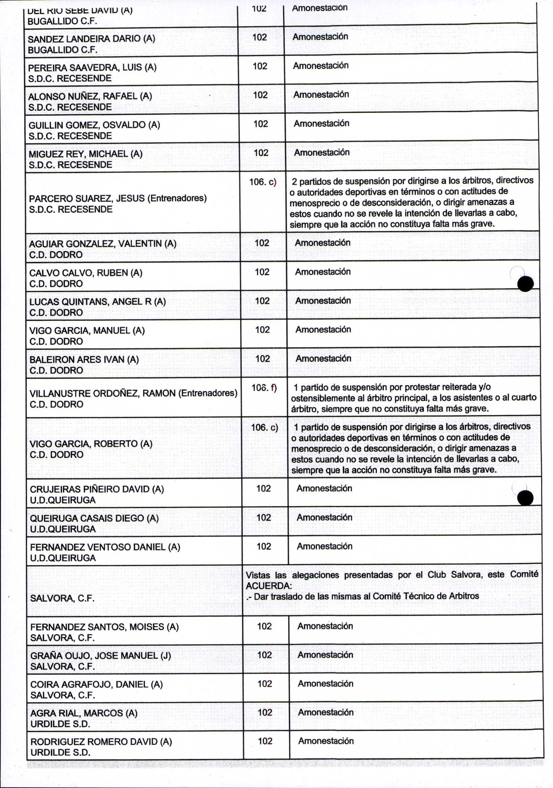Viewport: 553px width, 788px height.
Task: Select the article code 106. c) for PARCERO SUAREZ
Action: click(x=263, y=181)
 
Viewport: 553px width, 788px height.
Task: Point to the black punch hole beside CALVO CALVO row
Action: click(x=525, y=284)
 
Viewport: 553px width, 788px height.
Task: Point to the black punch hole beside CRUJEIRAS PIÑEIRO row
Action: click(x=525, y=498)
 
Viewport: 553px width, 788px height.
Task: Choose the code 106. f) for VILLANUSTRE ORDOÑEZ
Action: click(x=264, y=388)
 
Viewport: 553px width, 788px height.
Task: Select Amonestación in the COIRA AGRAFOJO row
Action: click(x=325, y=684)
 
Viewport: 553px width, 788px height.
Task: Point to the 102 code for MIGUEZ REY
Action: click(x=261, y=153)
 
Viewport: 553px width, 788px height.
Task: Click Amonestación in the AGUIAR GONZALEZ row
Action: click(x=322, y=243)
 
